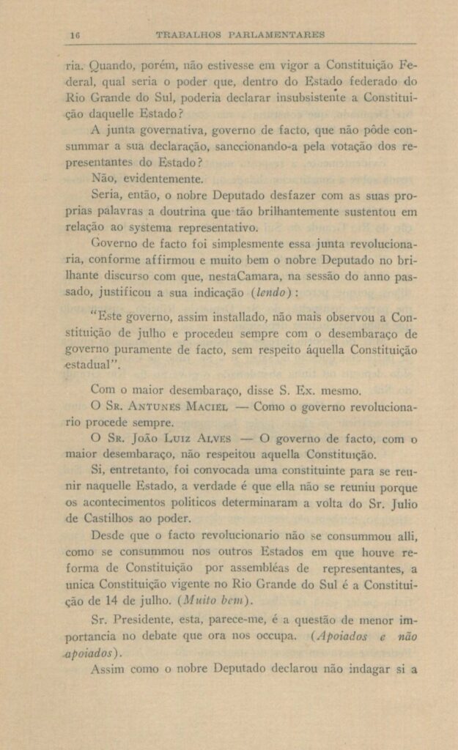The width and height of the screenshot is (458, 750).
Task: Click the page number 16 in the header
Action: coord(74,34)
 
